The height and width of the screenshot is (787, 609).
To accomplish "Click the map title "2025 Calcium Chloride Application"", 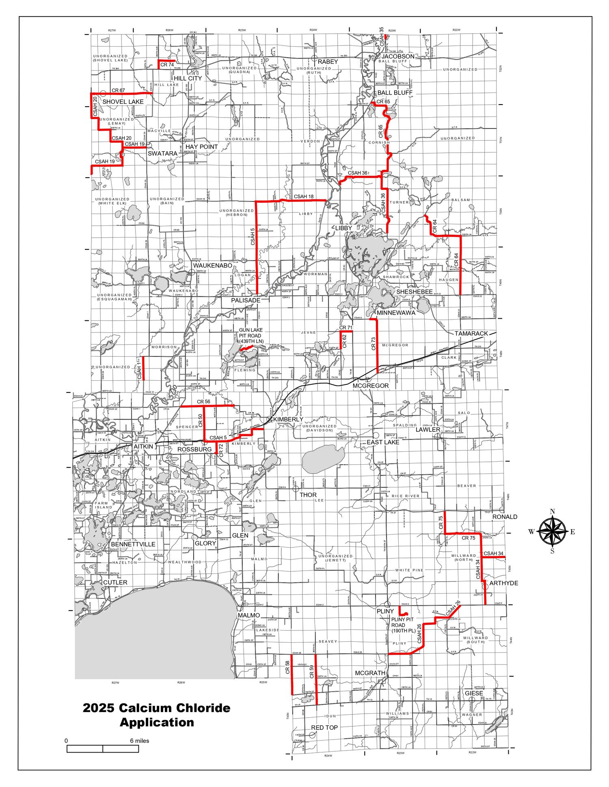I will tap(157, 715).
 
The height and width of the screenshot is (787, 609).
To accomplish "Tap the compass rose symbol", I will tap(552, 532).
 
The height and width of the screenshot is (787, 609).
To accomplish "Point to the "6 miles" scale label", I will tap(139, 741).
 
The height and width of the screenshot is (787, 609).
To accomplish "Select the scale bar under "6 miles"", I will tap(103, 749).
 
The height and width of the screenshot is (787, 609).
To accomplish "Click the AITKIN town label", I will tap(143, 446).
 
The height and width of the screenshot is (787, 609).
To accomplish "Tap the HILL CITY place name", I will tap(188, 78).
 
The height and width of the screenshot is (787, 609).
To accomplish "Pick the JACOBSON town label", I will tap(398, 56).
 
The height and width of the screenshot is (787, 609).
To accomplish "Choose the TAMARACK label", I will tap(471, 333).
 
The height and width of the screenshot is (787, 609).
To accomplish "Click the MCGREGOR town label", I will tap(370, 386).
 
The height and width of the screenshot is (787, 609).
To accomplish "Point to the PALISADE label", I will tap(246, 300).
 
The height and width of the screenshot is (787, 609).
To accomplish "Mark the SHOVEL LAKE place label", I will tap(123, 102).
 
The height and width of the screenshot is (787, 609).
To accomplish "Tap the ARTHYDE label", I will tap(503, 583).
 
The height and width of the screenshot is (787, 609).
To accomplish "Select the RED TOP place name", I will tap(324, 728).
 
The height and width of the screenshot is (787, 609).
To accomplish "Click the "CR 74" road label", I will tap(167, 65).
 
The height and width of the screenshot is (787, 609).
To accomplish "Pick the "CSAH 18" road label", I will tap(304, 197).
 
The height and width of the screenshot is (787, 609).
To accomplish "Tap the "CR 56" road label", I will tap(203, 402).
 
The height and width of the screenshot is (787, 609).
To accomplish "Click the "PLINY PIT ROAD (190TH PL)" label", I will tap(403, 625).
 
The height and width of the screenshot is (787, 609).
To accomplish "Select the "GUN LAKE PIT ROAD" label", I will tap(251, 336).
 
